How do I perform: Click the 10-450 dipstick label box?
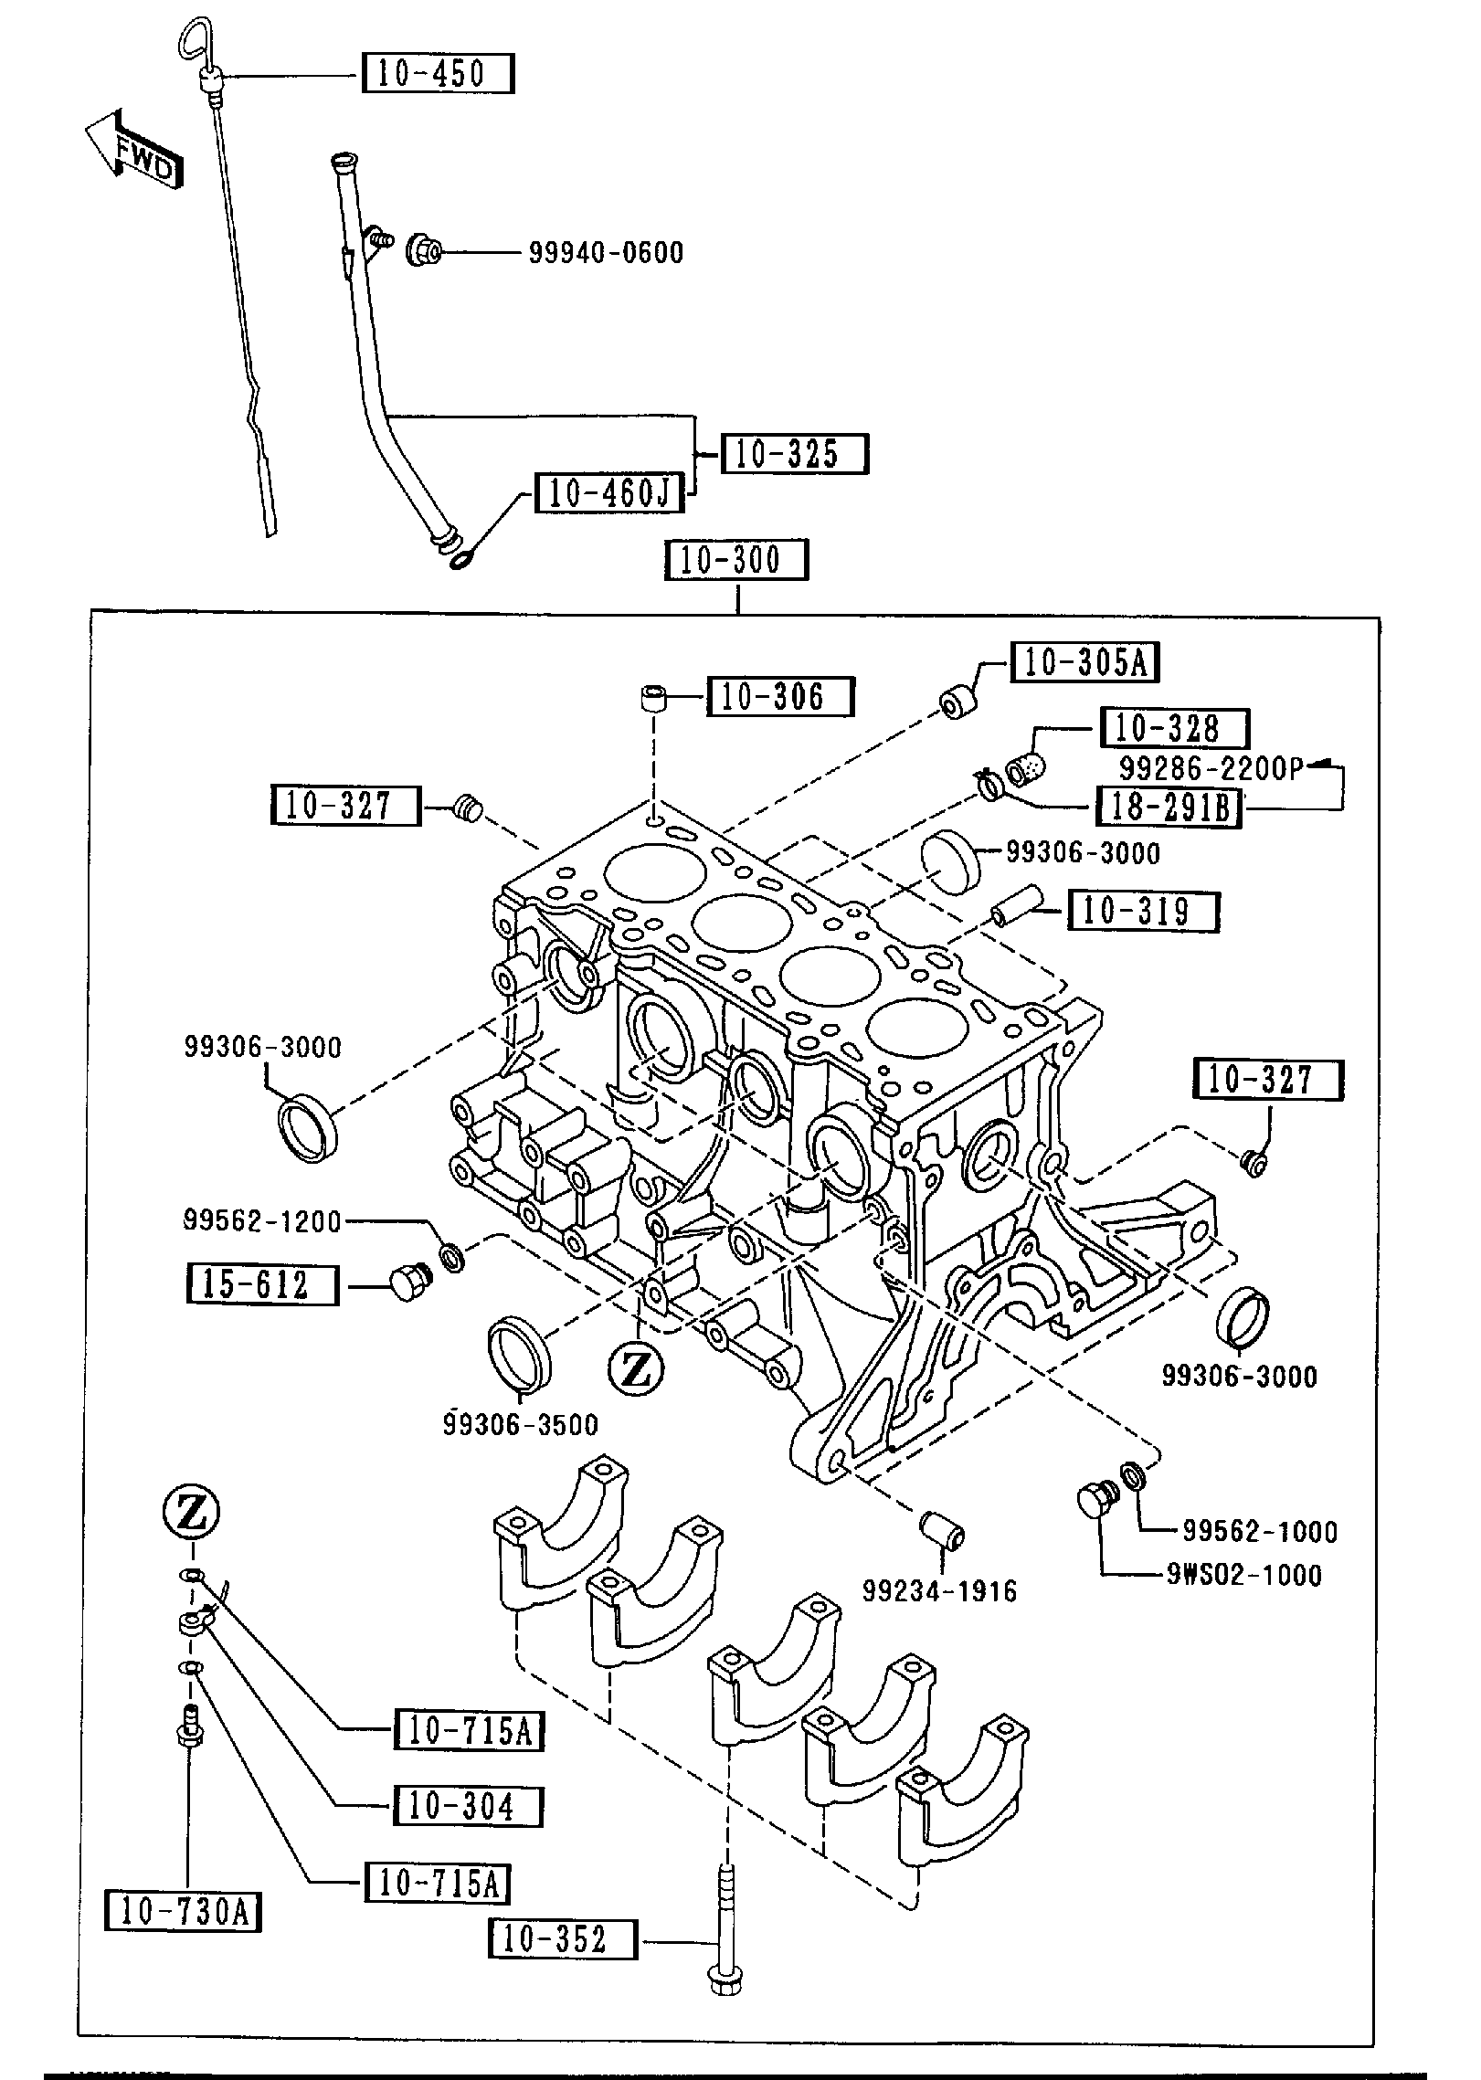click(x=438, y=73)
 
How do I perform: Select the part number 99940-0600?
click(x=606, y=252)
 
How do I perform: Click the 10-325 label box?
click(x=793, y=454)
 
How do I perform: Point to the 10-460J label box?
click(x=608, y=493)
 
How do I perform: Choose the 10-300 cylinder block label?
click(x=736, y=560)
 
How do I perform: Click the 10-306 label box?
click(x=778, y=697)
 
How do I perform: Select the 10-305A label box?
click(x=1084, y=662)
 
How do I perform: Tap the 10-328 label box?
click(x=1174, y=728)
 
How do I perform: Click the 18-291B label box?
click(x=1169, y=807)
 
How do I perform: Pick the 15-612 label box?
click(x=262, y=1283)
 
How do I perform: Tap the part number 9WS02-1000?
click(x=1243, y=1574)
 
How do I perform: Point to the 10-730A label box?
click(x=183, y=1911)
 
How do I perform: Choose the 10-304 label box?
click(x=467, y=1806)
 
